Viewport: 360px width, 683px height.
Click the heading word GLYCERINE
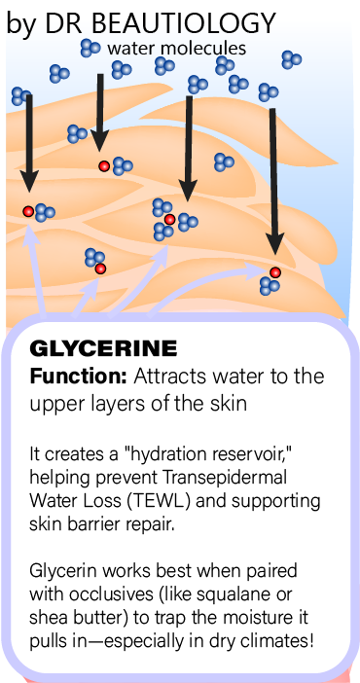point(104,348)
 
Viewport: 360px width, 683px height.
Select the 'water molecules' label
point(176,47)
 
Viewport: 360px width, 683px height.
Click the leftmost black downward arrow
point(29,146)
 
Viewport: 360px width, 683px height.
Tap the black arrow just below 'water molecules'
point(100,112)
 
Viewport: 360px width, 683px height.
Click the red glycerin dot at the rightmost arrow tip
point(275,272)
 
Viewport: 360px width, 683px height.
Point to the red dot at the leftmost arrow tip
point(28,211)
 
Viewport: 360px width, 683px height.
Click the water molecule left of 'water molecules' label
point(90,47)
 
